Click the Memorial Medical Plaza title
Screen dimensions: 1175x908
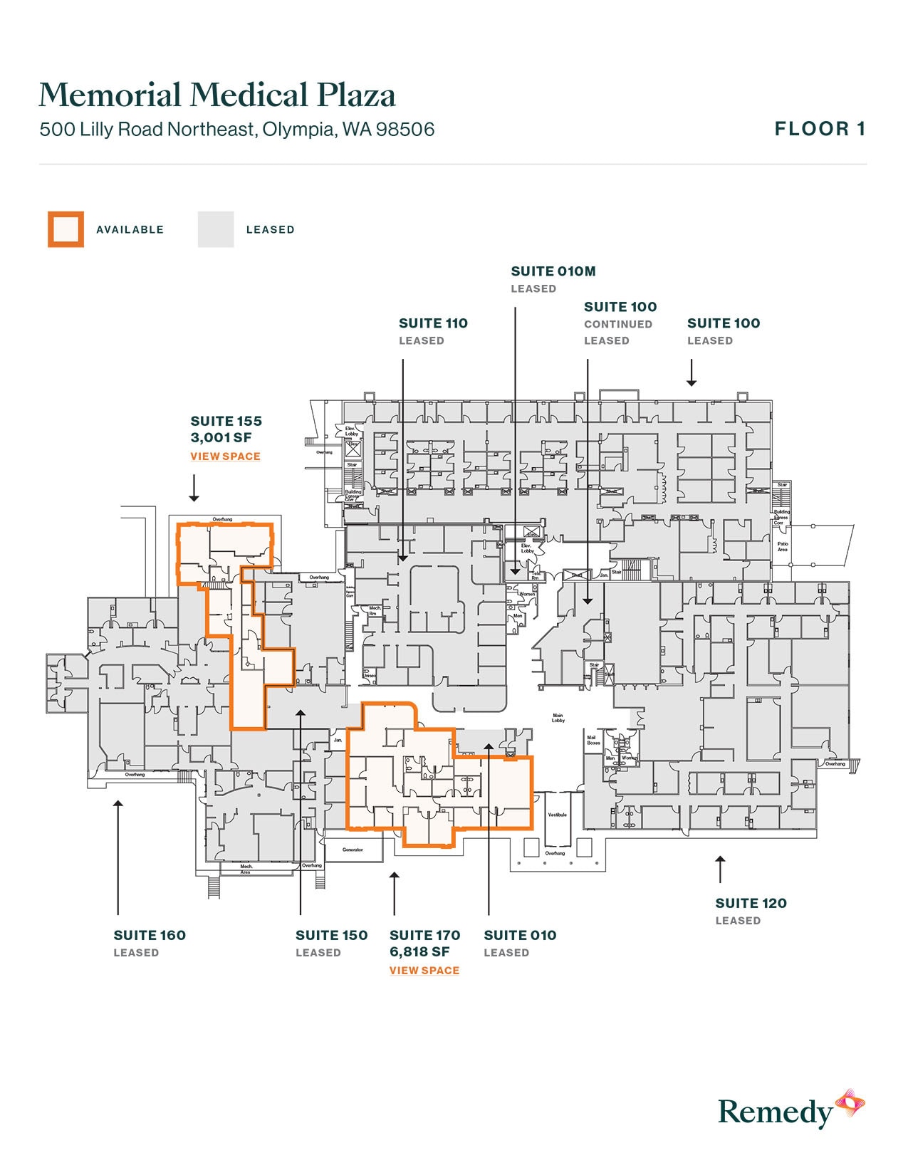point(217,95)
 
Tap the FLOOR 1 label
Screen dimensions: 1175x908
point(820,129)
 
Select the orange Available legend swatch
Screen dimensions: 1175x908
point(66,229)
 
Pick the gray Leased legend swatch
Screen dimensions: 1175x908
point(216,229)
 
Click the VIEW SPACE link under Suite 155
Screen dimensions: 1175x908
point(225,456)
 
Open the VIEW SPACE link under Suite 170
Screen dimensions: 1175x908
point(424,971)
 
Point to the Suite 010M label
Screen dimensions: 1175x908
point(553,271)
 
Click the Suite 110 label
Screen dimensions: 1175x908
point(433,323)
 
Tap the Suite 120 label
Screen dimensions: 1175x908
point(751,903)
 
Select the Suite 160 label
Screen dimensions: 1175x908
point(150,935)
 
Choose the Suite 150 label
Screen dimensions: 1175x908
point(331,935)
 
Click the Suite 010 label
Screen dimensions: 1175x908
point(520,935)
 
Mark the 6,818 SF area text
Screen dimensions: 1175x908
point(419,952)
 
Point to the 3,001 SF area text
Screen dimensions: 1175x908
point(221,438)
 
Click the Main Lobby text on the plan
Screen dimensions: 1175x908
point(558,718)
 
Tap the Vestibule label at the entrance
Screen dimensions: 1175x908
point(557,815)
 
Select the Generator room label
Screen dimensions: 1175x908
point(353,850)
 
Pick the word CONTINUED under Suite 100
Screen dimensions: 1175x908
point(618,324)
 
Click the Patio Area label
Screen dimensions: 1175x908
point(782,547)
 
